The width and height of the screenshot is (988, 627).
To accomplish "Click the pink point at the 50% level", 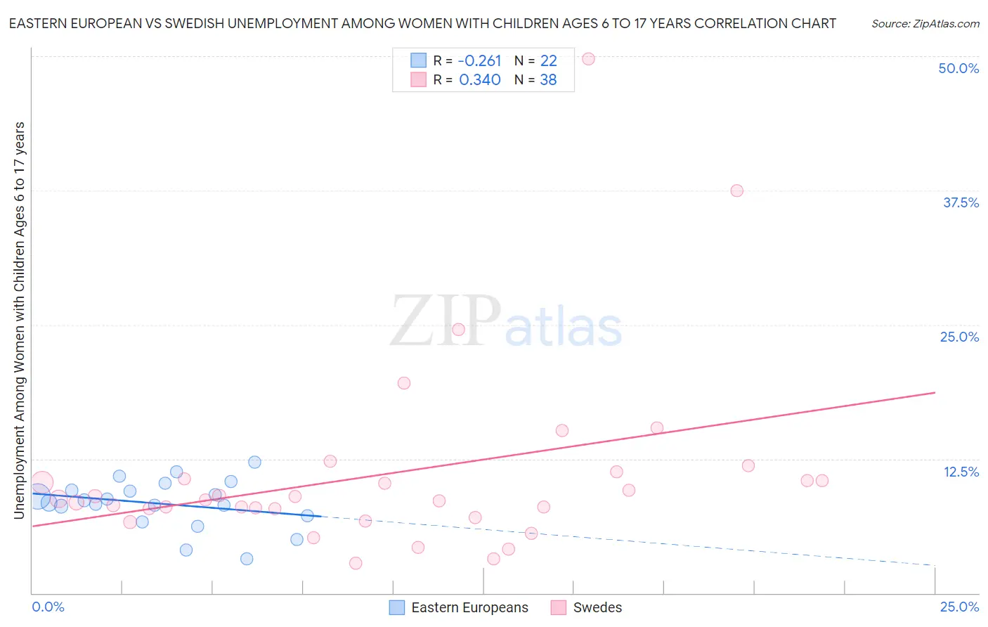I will [589, 59].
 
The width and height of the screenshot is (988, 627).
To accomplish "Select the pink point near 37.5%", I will [736, 190].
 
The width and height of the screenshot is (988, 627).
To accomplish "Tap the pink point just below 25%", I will [458, 329].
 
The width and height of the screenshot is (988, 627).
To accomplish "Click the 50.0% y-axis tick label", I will [958, 68].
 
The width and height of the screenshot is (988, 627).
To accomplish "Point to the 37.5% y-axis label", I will [961, 202].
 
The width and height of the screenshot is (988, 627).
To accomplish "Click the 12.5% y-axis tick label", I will [961, 472].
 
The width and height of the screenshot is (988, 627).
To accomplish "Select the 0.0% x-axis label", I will [48, 607].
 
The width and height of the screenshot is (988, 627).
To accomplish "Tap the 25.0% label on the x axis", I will [959, 607].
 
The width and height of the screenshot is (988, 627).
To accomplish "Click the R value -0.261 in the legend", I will [479, 61].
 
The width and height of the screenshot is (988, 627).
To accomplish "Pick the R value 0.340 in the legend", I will [479, 80].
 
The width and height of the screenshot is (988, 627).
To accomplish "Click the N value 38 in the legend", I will [548, 80].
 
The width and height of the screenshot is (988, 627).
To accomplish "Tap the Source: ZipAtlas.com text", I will [925, 24].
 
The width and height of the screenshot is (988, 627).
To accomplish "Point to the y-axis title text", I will [19, 321].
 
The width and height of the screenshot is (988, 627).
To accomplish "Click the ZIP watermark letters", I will [446, 321].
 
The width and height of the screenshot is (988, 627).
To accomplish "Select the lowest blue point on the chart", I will [247, 559].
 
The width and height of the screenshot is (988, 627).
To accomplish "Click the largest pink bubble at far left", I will [41, 483].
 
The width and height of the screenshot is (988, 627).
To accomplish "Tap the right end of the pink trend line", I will [935, 392].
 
